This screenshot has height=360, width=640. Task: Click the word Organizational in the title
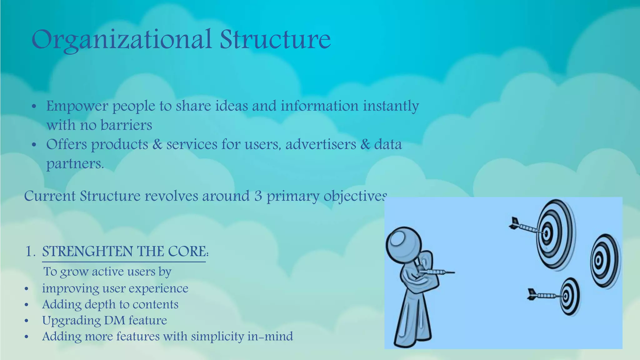[121, 40]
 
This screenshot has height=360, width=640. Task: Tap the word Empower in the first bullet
[77, 106]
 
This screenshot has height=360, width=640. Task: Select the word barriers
[126, 125]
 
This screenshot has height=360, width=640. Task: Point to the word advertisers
[321, 144]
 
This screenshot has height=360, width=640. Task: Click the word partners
[75, 164]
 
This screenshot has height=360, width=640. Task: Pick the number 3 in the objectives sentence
[258, 196]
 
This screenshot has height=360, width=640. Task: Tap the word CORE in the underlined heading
[187, 252]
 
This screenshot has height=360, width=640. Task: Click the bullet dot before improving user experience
[27, 289]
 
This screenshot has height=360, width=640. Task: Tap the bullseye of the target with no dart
[598, 260]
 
